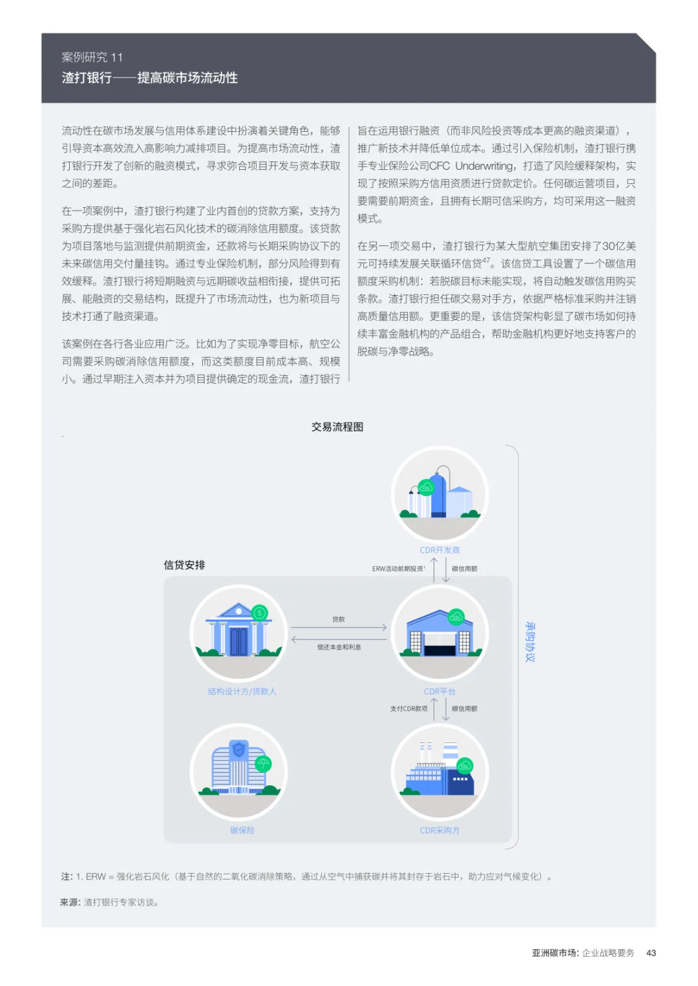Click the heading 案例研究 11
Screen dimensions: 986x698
[x=92, y=57]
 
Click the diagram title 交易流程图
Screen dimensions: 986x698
[x=337, y=427]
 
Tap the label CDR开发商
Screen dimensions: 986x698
[x=439, y=550]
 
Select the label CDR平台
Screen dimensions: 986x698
[x=439, y=692]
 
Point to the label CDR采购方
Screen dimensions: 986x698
[x=439, y=830]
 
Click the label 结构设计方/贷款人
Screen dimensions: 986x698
[x=242, y=692]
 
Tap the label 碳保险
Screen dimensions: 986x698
[x=242, y=830]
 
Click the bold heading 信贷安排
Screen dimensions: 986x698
[x=184, y=565]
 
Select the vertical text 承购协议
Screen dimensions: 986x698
[x=530, y=642]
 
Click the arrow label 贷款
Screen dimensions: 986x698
[x=339, y=619]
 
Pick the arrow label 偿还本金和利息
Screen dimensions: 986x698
[x=339, y=647]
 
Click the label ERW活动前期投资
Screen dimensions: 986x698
[x=398, y=569]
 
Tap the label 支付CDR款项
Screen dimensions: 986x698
[x=408, y=708]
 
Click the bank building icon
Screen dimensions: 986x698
[x=238, y=633]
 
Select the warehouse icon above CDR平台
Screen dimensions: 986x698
[x=439, y=633]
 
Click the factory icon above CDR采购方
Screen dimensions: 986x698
[x=439, y=772]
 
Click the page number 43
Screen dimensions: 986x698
[x=651, y=953]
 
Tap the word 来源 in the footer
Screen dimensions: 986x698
[x=70, y=902]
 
